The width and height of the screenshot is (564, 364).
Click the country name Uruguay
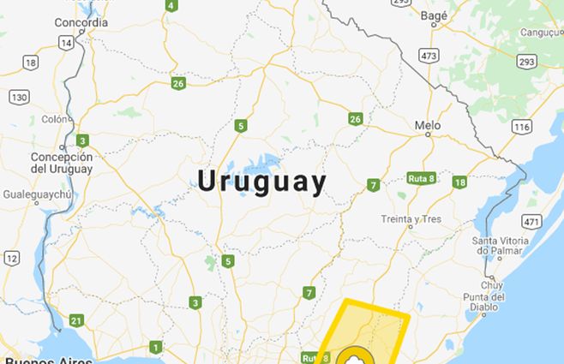click(x=262, y=182)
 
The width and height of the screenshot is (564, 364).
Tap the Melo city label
click(x=427, y=125)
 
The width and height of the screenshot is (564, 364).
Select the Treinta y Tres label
click(x=411, y=219)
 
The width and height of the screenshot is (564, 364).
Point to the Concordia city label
click(x=81, y=22)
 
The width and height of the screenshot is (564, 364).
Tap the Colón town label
click(x=53, y=119)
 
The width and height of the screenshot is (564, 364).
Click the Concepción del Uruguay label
click(x=61, y=163)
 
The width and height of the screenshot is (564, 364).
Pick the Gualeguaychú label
click(x=35, y=195)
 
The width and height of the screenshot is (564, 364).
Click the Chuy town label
click(x=492, y=284)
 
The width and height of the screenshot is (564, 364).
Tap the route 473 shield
click(x=429, y=55)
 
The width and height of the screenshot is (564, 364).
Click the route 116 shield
click(x=521, y=127)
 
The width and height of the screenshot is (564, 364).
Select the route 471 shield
click(x=532, y=222)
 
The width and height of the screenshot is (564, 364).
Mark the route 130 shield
click(x=19, y=97)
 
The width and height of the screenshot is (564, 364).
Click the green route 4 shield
click(x=171, y=5)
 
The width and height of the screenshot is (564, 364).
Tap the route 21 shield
click(x=76, y=321)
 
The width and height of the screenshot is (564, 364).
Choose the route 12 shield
click(x=11, y=257)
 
